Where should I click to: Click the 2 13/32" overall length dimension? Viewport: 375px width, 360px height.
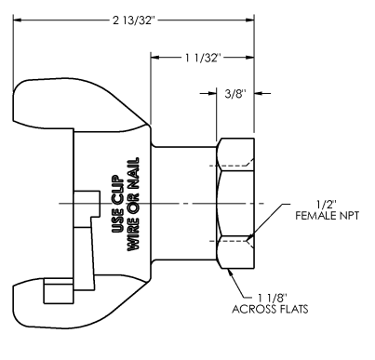(133, 20)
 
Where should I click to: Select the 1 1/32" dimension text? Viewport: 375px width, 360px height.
(203, 58)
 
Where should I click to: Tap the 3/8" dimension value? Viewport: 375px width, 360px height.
(235, 93)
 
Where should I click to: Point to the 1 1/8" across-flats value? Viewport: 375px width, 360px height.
(273, 298)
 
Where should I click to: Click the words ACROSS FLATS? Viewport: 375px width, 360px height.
(270, 309)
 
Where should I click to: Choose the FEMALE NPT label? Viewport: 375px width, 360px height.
(327, 216)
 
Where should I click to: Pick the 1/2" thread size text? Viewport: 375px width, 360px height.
(327, 205)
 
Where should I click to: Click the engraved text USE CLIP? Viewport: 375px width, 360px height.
(117, 204)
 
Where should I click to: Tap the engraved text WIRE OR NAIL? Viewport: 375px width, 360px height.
(133, 204)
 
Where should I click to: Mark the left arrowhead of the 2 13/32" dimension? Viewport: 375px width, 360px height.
(18, 20)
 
